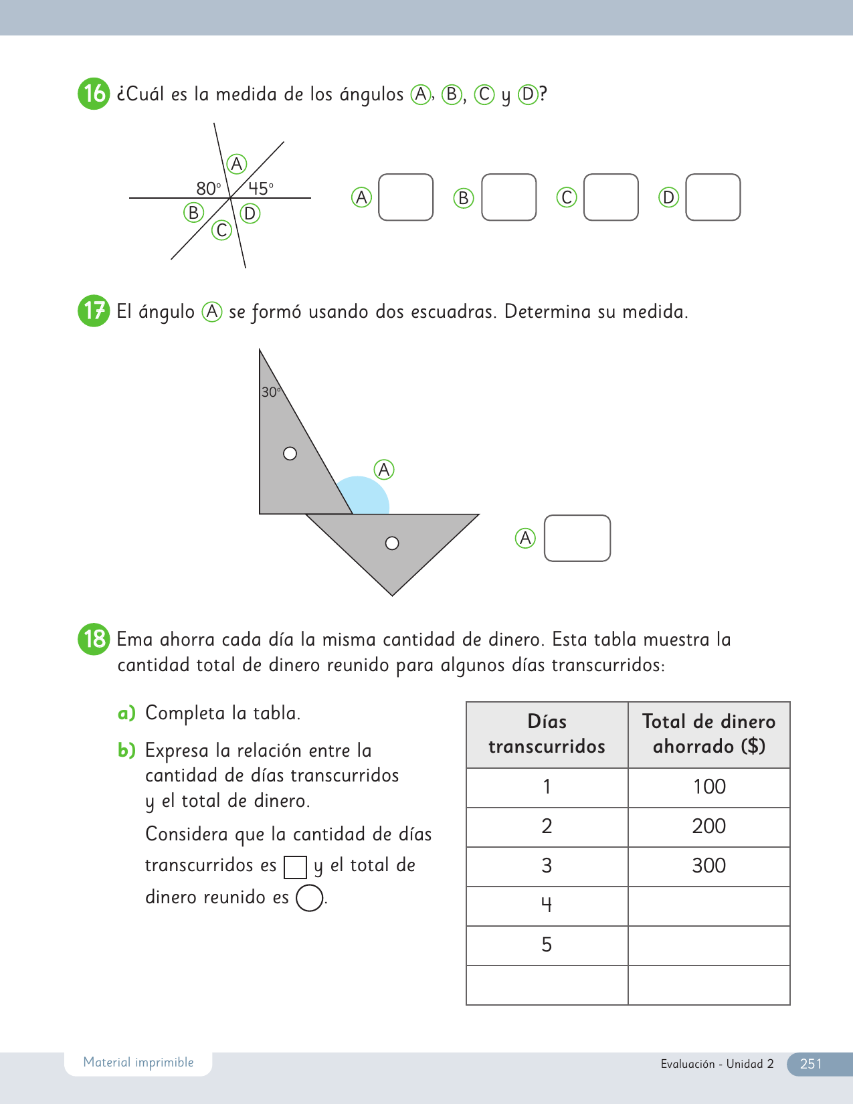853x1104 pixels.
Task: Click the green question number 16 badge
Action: pyautogui.click(x=94, y=94)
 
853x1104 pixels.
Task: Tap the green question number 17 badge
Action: pyautogui.click(x=94, y=311)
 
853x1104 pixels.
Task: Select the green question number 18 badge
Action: pyautogui.click(x=94, y=639)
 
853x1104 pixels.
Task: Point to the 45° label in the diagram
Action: pyautogui.click(x=261, y=189)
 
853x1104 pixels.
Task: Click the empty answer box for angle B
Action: pyautogui.click(x=508, y=197)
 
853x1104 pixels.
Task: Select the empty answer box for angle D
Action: pyautogui.click(x=713, y=197)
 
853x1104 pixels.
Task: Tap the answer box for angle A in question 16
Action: pyautogui.click(x=405, y=197)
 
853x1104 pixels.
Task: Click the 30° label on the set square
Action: pyautogui.click(x=270, y=392)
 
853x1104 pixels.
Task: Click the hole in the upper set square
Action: pyautogui.click(x=290, y=454)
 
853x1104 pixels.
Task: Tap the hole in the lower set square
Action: pyautogui.click(x=392, y=543)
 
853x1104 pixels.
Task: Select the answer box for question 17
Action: pyautogui.click(x=577, y=538)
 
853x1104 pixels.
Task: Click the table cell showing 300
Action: pyautogui.click(x=708, y=866)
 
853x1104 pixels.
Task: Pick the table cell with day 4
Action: pyautogui.click(x=547, y=905)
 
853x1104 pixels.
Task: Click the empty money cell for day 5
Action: pyautogui.click(x=708, y=945)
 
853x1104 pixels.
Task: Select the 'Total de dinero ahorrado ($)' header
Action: pyautogui.click(x=708, y=734)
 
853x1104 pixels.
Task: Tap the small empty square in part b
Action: pyautogui.click(x=295, y=867)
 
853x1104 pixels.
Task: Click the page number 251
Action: pyautogui.click(x=810, y=1064)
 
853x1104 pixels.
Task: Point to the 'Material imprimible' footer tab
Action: pyautogui.click(x=138, y=1063)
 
